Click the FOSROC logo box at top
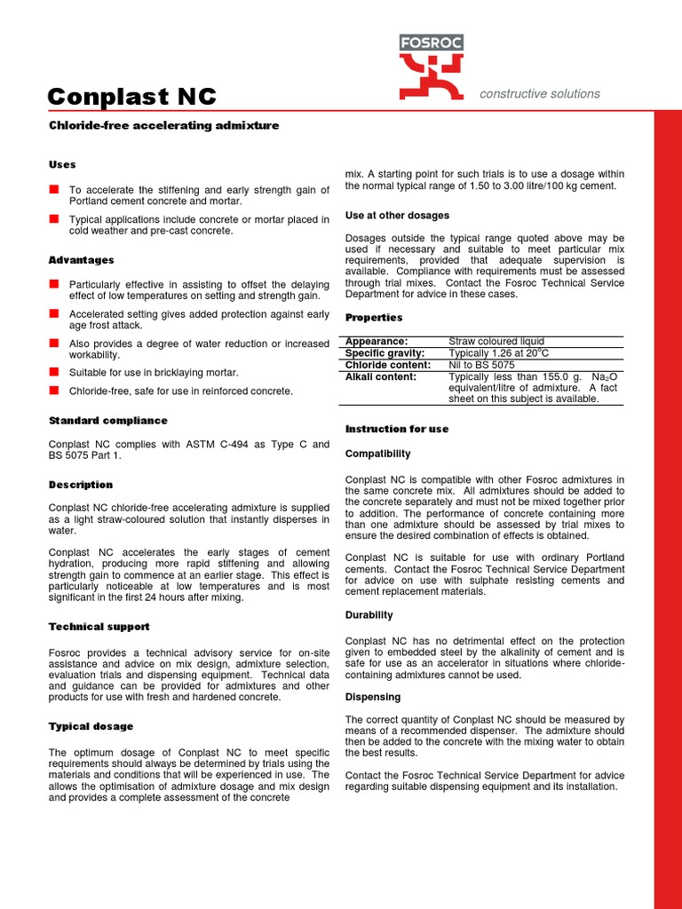point(431,43)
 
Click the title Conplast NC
point(131,97)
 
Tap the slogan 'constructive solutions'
point(539,93)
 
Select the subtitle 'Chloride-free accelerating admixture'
point(163,126)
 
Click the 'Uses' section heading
point(62,164)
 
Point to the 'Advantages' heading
point(81,260)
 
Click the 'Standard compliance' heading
point(107,421)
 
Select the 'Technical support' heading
point(99,627)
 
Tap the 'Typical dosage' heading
point(91,726)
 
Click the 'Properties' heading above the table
point(374,318)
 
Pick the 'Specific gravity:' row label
point(385,353)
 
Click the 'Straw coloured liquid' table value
point(496,342)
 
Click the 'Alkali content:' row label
point(380,376)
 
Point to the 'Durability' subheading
point(369,615)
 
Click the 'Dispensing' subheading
point(372,697)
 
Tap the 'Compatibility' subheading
point(377,454)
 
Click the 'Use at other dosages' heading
point(397,216)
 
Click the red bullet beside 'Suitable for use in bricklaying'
point(54,372)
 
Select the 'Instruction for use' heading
point(396,429)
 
